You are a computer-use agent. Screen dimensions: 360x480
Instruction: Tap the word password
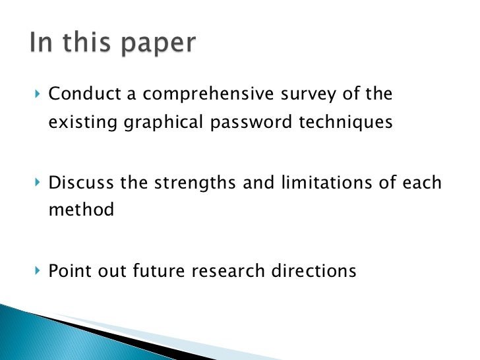(245, 123)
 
